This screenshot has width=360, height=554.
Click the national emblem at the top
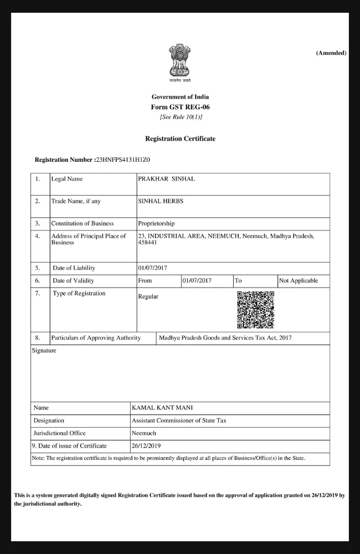(180, 62)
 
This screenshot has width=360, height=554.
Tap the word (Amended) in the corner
(331, 53)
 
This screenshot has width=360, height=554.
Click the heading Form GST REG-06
(180, 107)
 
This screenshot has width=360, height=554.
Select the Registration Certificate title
(180, 138)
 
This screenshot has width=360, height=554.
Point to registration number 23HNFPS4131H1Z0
(122, 160)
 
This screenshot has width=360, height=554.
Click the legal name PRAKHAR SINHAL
(166, 179)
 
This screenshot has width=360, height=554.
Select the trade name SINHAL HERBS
(160, 201)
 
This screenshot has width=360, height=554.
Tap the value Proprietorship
(156, 223)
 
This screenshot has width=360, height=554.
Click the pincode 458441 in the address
(147, 243)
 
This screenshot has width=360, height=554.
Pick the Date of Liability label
(74, 268)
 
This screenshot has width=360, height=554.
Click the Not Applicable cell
(299, 281)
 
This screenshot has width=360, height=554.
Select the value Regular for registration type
(148, 296)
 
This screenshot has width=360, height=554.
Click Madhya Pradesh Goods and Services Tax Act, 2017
(225, 337)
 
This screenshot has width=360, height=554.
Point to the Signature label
(44, 351)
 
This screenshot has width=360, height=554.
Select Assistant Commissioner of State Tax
(179, 420)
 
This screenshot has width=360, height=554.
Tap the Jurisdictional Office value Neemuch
(144, 433)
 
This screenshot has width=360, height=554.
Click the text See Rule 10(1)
(181, 117)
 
